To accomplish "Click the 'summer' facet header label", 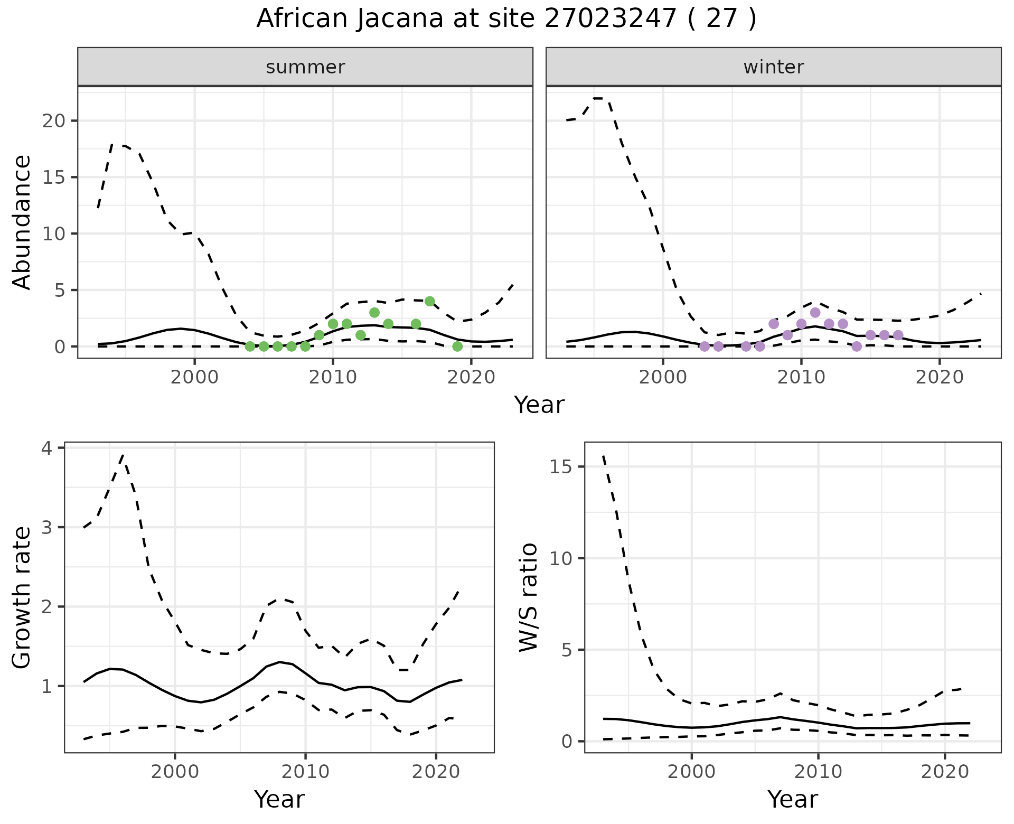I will pyautogui.click(x=305, y=67).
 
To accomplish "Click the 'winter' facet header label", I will pyautogui.click(x=773, y=67).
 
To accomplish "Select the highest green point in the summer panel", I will pyautogui.click(x=429, y=301).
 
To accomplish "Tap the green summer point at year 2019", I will pyautogui.click(x=457, y=347).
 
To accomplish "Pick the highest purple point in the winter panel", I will pyautogui.click(x=815, y=312).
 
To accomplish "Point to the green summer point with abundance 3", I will pyautogui.click(x=374, y=312).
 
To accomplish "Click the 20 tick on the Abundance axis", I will pyautogui.click(x=53, y=120).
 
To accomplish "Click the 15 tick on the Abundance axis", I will pyautogui.click(x=53, y=177).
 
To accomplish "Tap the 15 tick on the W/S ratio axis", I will pyautogui.click(x=563, y=466).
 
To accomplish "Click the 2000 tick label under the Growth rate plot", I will pyautogui.click(x=175, y=772).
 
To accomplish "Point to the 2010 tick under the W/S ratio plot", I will pyautogui.click(x=818, y=772).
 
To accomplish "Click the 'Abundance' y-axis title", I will pyautogui.click(x=22, y=222).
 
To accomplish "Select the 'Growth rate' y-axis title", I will pyautogui.click(x=22, y=597).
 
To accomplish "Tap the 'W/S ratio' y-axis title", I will pyautogui.click(x=528, y=597).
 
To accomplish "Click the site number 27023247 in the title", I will pyautogui.click(x=609, y=19).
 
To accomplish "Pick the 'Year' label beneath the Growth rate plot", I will pyautogui.click(x=279, y=799).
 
